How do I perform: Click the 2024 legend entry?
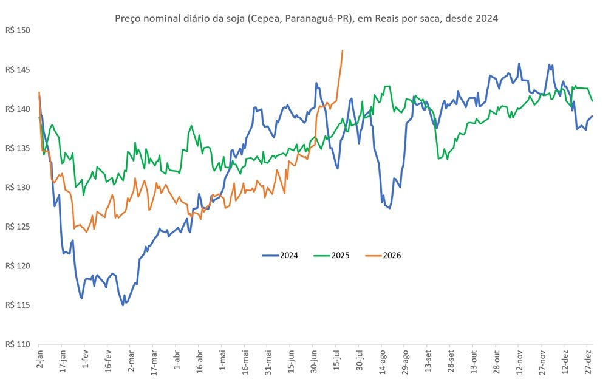click(280, 256)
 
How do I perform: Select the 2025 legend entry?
click(332, 256)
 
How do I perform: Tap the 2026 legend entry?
click(383, 256)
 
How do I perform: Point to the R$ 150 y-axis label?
click(18, 30)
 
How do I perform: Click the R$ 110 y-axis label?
click(18, 344)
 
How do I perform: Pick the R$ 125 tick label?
click(18, 227)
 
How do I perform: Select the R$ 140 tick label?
click(18, 109)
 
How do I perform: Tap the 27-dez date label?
click(588, 362)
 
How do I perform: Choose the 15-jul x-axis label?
click(337, 361)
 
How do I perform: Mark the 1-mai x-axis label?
click(222, 361)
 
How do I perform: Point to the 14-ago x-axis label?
click(383, 362)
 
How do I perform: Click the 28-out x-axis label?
click(497, 362)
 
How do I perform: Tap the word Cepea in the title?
click(264, 18)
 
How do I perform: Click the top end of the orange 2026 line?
click(343, 50)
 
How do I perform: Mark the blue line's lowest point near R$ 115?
click(123, 305)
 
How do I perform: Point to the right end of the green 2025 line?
click(592, 101)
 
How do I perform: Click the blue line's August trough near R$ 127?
click(389, 208)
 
